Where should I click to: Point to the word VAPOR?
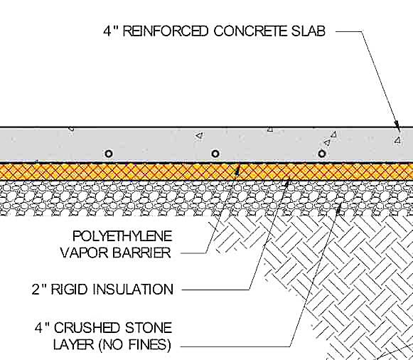coord(95,253)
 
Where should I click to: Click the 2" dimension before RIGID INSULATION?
coord(41,290)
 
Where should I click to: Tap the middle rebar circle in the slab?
coord(215,154)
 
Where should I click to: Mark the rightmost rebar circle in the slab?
coord(322,154)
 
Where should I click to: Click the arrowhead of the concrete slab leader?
coord(399,127)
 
